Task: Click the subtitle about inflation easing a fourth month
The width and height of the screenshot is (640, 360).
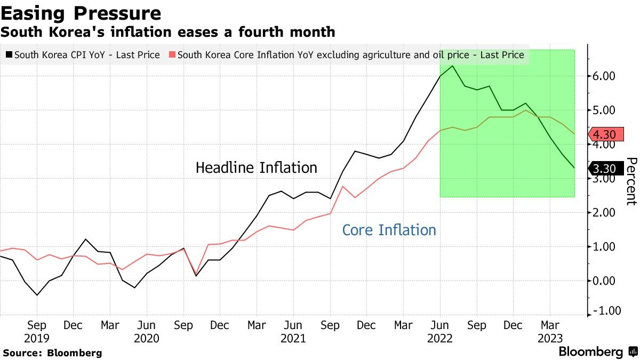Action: pos(167,32)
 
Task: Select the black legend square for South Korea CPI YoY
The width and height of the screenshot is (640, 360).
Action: pos(9,54)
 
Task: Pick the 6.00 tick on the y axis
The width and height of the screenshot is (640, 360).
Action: pos(604,76)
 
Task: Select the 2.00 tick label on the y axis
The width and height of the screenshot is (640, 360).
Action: pos(604,213)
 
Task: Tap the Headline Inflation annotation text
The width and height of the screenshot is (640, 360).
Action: pos(256,168)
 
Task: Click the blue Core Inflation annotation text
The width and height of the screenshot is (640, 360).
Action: pos(389,230)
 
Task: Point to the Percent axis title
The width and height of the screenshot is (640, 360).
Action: pos(631,181)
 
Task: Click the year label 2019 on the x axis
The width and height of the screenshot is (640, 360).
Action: pos(37,338)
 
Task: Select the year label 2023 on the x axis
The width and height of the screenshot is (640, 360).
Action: pos(550,338)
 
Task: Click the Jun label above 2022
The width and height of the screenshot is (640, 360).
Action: pos(440,325)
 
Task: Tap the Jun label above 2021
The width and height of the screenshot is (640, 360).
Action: pos(293,325)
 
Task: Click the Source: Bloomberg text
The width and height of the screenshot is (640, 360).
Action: pos(52,353)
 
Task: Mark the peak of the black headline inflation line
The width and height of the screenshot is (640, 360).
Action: pos(453,66)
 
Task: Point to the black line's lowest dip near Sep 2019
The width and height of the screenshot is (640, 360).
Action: pos(37,295)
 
